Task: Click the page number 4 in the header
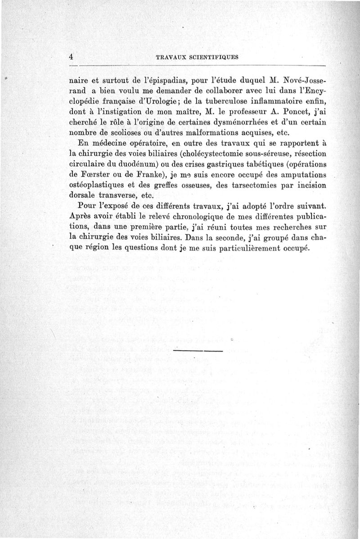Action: [x=71, y=57]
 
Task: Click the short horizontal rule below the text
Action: [x=198, y=350]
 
